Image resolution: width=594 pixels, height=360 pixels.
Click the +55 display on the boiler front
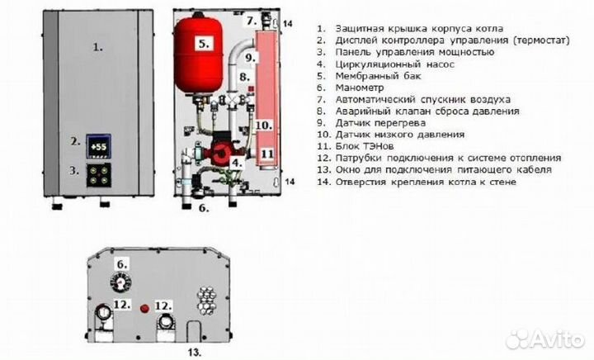tap(99, 147)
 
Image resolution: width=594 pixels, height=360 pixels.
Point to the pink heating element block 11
tap(265, 153)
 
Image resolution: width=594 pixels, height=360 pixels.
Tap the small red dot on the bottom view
tap(146, 307)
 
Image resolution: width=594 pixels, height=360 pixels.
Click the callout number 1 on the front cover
tap(98, 48)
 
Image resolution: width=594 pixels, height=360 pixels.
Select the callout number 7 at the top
tap(252, 20)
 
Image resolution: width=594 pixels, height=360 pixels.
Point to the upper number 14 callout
tap(287, 25)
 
